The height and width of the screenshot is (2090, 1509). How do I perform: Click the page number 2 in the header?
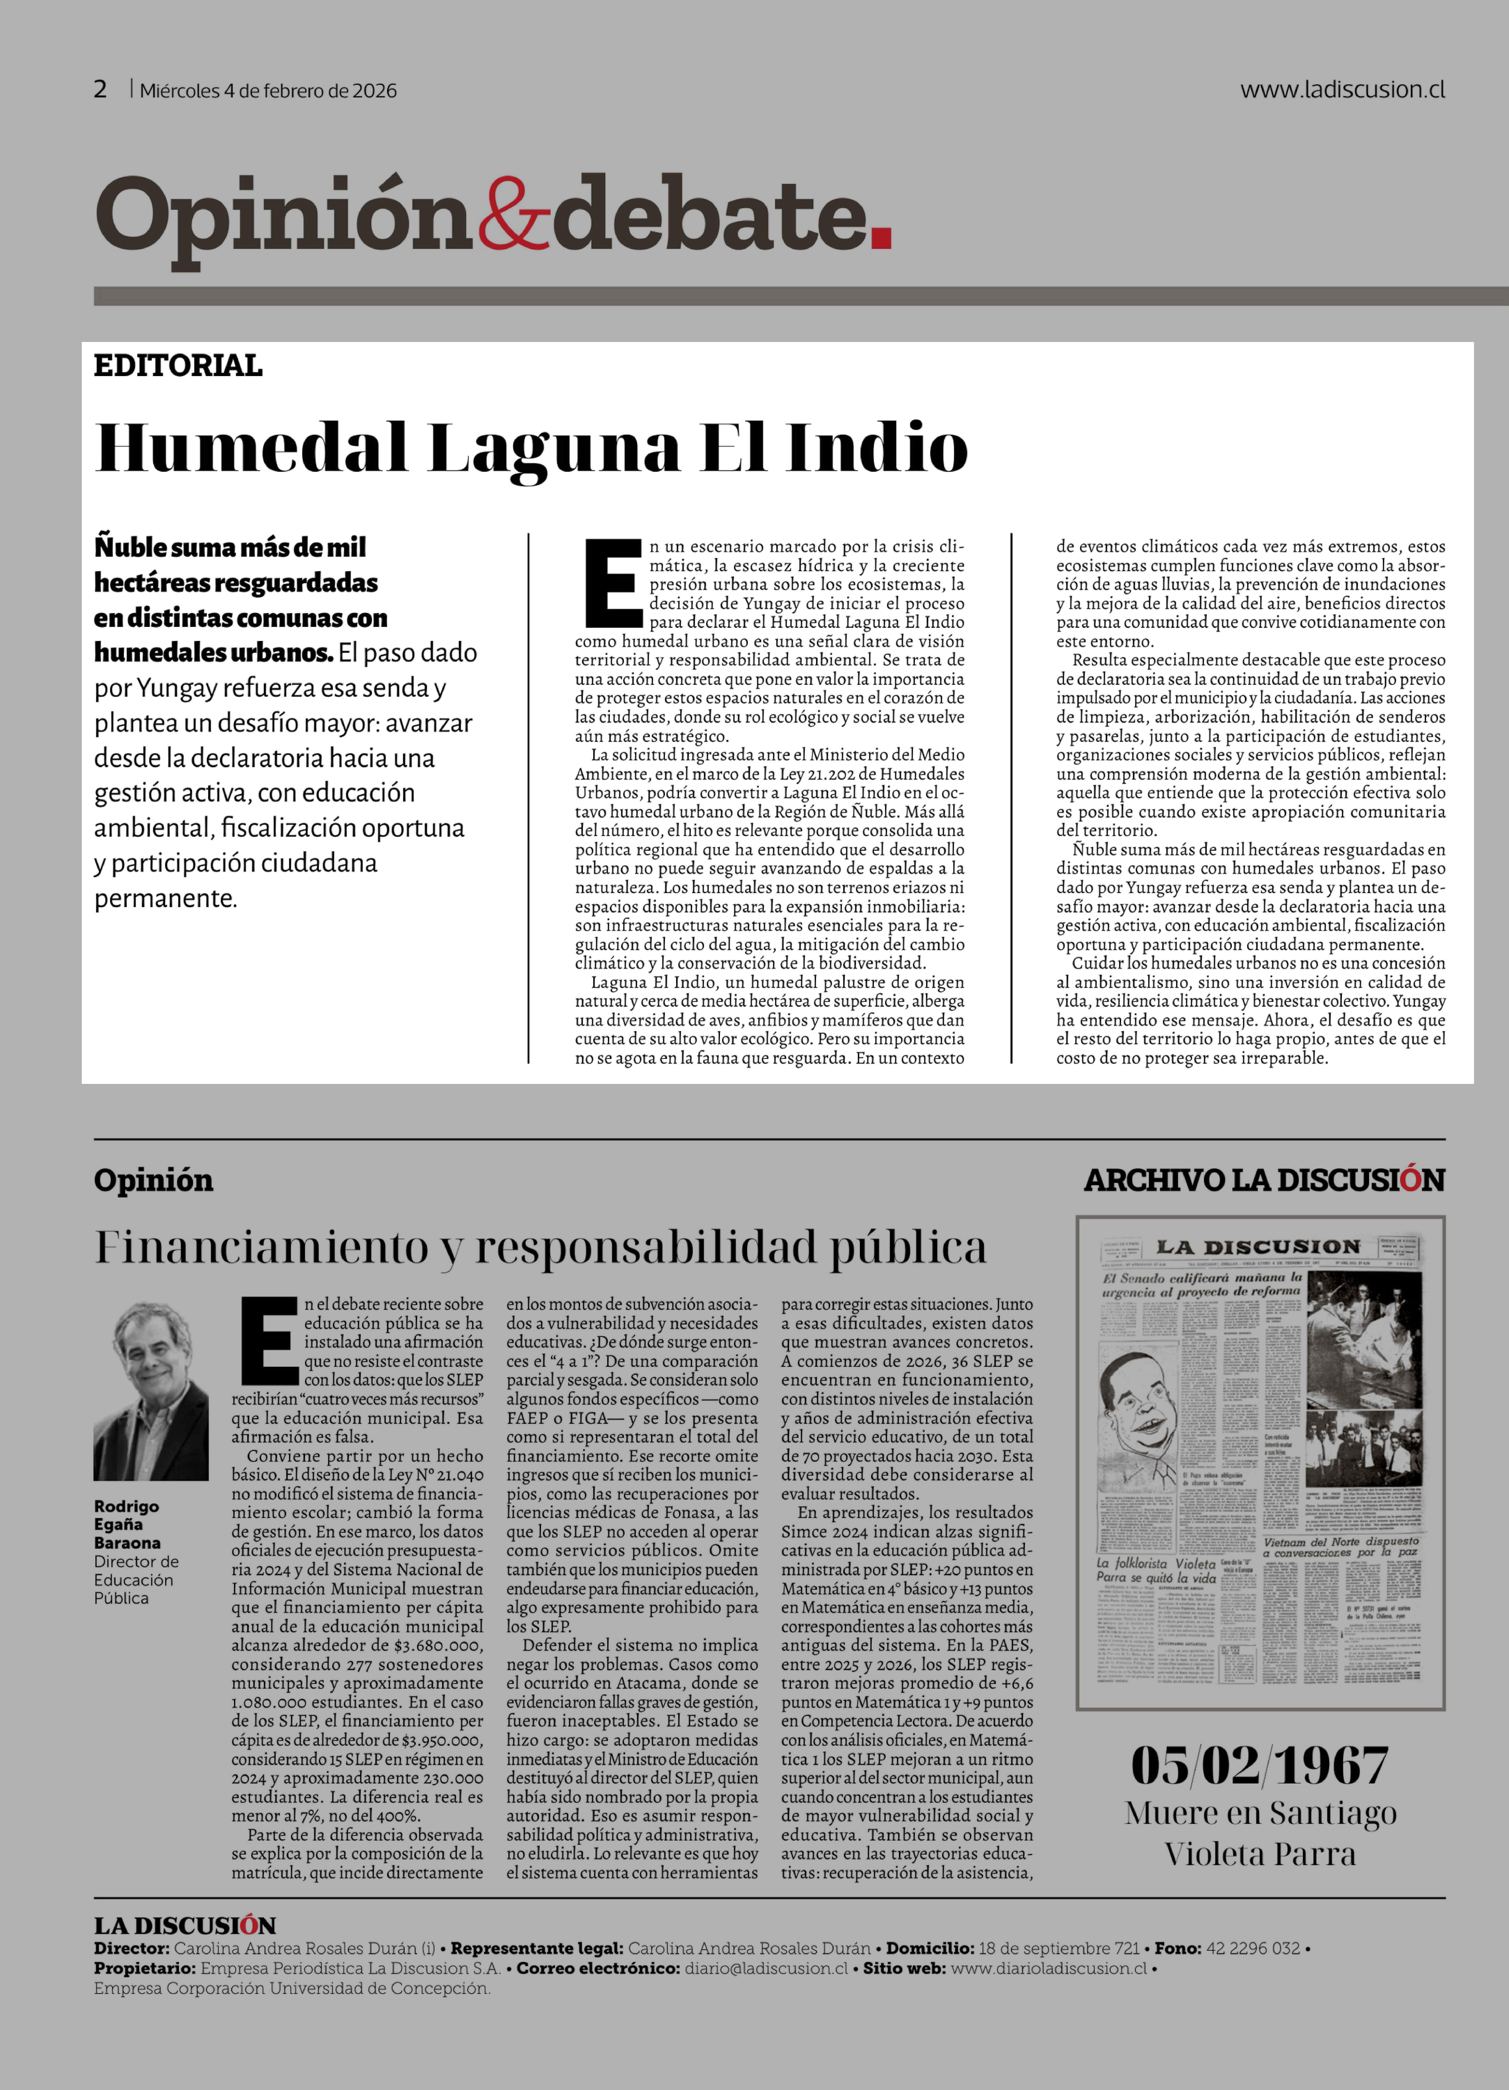click(x=100, y=89)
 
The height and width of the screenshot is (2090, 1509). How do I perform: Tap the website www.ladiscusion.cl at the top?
click(x=1342, y=89)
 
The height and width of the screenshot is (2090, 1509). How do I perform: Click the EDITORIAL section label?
click(x=178, y=366)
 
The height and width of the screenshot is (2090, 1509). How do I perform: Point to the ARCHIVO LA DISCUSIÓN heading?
click(x=1264, y=1180)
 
